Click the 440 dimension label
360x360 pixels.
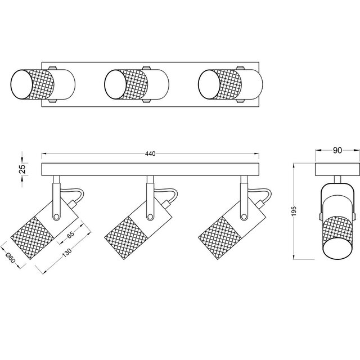pos(150,154)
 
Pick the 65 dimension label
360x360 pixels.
pos(71,236)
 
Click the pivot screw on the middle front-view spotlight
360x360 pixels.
pos(151,217)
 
